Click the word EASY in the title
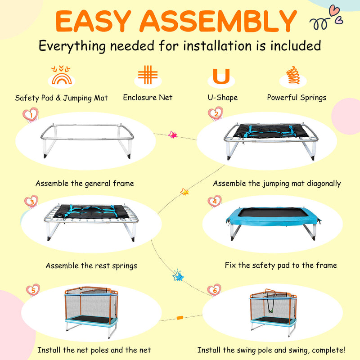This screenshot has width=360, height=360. [x=93, y=21]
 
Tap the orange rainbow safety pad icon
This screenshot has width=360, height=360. [x=61, y=75]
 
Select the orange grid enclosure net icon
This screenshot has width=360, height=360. [x=148, y=75]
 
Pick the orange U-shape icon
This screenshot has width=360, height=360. [x=221, y=76]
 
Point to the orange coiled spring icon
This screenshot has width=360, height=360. [x=293, y=75]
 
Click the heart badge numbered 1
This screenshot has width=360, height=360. [x=31, y=114]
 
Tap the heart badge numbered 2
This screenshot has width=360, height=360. [x=216, y=113]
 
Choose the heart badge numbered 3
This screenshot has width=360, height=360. [x=31, y=202]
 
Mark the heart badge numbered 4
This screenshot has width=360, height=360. [x=215, y=201]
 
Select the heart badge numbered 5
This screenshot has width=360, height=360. [x=33, y=290]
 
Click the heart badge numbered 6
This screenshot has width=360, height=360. [x=214, y=290]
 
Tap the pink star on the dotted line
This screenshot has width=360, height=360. [x=173, y=135]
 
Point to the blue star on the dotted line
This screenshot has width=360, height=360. [x=178, y=276]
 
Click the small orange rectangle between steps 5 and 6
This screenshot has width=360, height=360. [x=180, y=318]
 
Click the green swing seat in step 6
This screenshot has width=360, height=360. [x=271, y=311]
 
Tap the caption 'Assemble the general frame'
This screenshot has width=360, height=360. [x=85, y=184]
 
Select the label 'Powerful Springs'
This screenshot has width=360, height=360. [x=297, y=98]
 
